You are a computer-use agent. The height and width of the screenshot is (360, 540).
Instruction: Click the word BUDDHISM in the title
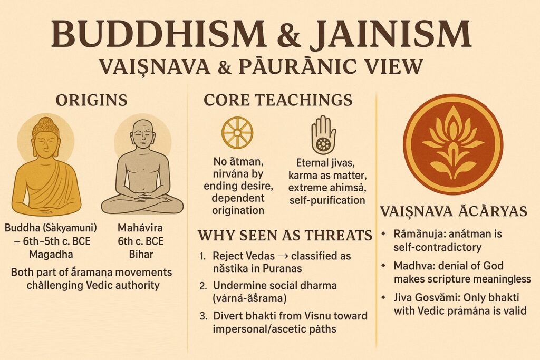(x=158, y=34)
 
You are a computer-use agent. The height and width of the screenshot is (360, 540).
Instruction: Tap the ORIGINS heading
(x=92, y=100)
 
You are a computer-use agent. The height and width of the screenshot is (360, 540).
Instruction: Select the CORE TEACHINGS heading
(x=278, y=100)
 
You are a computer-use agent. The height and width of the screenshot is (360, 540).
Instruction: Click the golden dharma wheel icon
(x=237, y=132)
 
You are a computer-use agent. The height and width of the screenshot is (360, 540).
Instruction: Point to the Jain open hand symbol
(x=323, y=134)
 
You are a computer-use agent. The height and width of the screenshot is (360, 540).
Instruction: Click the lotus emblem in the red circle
(x=453, y=145)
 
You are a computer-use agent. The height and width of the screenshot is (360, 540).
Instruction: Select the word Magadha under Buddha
(x=51, y=255)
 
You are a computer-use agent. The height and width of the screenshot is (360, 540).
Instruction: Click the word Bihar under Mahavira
(x=141, y=255)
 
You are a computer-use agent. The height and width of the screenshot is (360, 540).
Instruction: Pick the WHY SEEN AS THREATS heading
(x=285, y=236)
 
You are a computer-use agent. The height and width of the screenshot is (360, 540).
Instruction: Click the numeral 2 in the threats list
(x=203, y=286)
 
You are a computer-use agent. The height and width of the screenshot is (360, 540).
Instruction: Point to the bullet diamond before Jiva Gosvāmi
(x=383, y=297)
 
